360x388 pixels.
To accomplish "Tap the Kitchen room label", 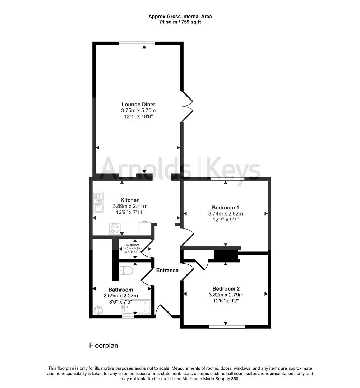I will coord(130,200).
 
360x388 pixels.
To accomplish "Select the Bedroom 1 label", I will coord(225,207).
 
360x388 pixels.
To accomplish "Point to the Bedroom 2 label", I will coord(226,288).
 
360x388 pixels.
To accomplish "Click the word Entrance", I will coord(167,270).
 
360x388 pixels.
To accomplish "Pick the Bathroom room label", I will coord(121,290).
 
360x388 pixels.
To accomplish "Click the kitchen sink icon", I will coord(98,203).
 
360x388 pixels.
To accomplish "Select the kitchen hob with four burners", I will coord(115,228).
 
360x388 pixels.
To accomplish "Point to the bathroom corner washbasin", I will coord(98,310).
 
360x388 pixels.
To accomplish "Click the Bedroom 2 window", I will coord(227,327).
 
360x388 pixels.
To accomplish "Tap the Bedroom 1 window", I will coord(227,179).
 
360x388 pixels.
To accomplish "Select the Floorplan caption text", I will coord(103,346).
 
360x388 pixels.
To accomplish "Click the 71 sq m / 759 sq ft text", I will coord(180,22).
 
